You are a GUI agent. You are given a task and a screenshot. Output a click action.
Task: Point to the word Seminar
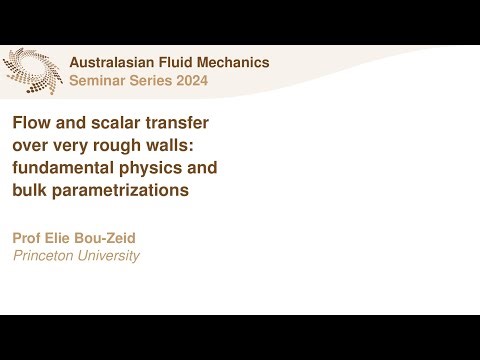(98, 81)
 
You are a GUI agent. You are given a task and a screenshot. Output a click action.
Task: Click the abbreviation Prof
(28, 238)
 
